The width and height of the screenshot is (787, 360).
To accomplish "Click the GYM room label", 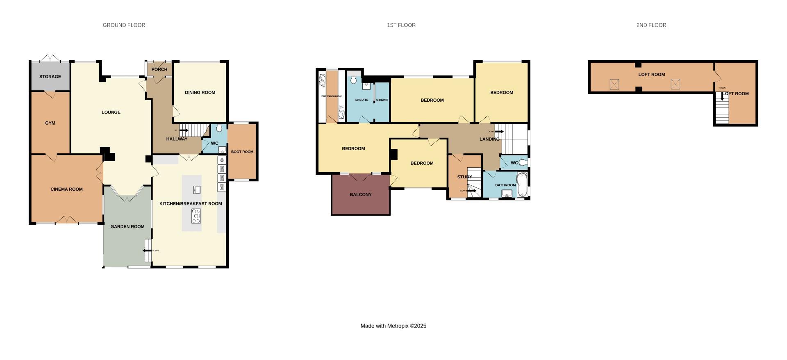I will point(50,123).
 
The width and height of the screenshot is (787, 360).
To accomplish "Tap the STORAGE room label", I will point(50,77).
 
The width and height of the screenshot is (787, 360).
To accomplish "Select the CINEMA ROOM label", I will point(66,189).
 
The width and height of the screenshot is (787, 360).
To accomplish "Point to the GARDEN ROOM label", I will point(127,227).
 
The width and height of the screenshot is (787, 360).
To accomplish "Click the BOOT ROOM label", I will point(242,152).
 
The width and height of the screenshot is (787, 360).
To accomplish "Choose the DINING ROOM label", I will point(200,93).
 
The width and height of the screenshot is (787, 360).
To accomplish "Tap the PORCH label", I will point(159,70).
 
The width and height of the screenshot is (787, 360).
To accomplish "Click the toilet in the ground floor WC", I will point(219,128).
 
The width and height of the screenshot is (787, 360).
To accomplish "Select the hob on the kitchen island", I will point(196,216).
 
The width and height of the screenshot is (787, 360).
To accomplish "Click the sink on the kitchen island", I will point(196,189).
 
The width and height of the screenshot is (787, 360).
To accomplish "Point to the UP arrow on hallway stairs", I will point(183,130).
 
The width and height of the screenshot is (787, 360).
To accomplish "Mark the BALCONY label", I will point(361,195).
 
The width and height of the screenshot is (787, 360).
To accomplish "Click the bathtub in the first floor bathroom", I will point(522,185).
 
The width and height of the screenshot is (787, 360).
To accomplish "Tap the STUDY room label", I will point(465,177).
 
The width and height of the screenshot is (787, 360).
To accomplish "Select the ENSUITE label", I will point(362,100).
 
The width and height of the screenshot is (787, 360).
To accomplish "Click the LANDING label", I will point(489,139).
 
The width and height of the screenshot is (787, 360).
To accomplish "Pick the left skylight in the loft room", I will point(614,84).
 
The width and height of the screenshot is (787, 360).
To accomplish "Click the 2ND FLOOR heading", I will point(651,25).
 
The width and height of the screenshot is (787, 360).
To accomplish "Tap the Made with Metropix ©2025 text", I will point(393,326).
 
